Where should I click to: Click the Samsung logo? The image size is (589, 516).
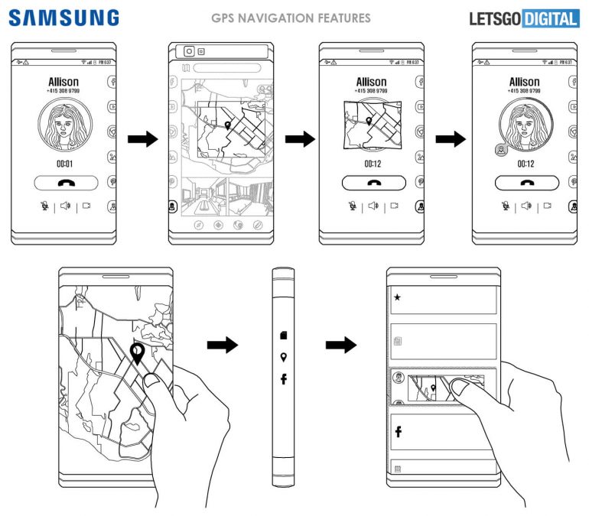(64, 18)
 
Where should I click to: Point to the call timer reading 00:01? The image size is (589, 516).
(65, 164)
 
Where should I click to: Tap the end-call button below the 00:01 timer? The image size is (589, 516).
(65, 183)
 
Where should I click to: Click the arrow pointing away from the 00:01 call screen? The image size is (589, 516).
(141, 140)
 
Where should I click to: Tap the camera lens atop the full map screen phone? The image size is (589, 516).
(187, 51)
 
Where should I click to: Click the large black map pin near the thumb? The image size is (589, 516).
(138, 353)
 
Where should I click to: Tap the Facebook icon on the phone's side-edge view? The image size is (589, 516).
(284, 378)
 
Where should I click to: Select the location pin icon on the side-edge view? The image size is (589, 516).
(284, 357)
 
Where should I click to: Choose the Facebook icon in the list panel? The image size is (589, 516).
(399, 432)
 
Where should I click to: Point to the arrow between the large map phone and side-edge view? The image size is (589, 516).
(223, 346)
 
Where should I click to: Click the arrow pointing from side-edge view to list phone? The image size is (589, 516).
(340, 346)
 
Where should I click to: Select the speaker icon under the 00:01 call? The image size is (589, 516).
(66, 206)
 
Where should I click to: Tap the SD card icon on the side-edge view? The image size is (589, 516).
(284, 335)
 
